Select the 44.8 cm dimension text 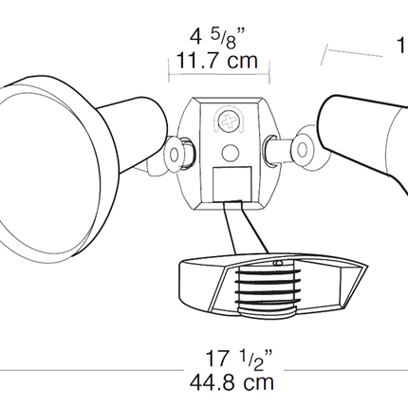232,382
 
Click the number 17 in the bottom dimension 216,361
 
